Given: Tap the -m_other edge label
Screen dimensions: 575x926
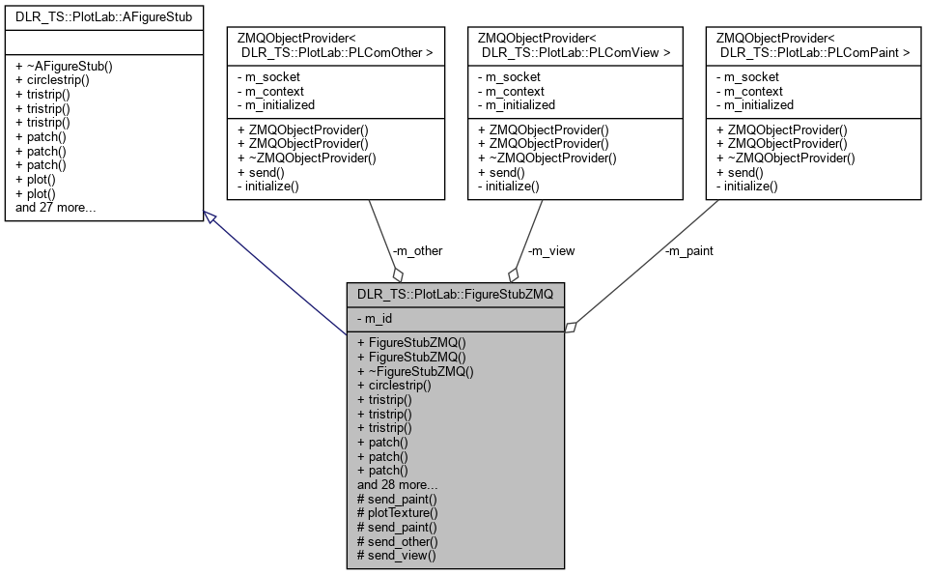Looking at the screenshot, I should click(x=417, y=250).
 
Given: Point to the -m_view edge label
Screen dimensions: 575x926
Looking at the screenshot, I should click(x=550, y=250).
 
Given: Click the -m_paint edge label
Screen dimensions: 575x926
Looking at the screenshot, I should click(x=688, y=250).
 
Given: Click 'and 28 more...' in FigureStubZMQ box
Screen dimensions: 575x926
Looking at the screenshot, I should click(x=398, y=484).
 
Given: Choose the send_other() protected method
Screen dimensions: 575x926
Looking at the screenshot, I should click(x=397, y=541).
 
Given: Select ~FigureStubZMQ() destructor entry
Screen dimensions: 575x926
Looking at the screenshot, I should click(x=415, y=370).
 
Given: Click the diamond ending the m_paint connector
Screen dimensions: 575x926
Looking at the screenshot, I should click(x=571, y=329).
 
